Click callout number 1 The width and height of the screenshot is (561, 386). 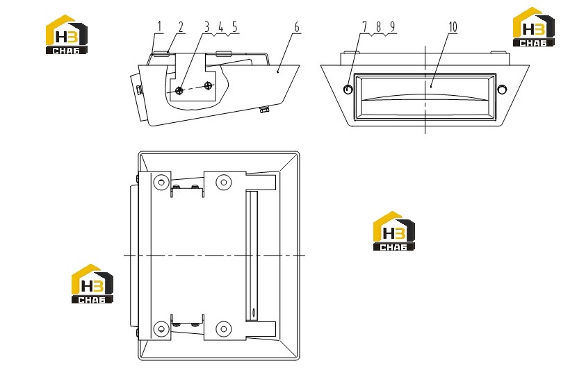point(160,27)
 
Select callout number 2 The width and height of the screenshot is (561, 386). point(181,27)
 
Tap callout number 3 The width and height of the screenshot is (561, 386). point(206,27)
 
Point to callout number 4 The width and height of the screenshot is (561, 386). point(221,27)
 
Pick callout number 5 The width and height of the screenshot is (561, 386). point(235,27)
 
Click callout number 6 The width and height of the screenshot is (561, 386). point(297,27)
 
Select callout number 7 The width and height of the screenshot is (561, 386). point(364,27)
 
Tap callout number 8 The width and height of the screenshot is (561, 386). point(379,27)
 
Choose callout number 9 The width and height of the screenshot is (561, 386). point(393,27)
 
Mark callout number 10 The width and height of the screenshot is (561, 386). point(453,27)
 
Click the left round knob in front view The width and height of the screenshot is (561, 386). point(348,89)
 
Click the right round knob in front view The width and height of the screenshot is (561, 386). point(502,89)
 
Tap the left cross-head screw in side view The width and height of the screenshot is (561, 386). point(180,90)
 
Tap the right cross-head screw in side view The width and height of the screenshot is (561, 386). point(209,85)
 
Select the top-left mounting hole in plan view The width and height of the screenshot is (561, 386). point(161,183)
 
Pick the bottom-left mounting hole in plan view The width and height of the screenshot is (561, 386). point(161,329)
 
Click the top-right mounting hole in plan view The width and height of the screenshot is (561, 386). point(224,183)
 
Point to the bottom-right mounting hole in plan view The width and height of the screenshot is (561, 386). point(224,329)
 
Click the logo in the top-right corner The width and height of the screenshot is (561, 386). point(533,27)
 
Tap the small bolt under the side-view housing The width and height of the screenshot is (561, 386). point(264,110)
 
